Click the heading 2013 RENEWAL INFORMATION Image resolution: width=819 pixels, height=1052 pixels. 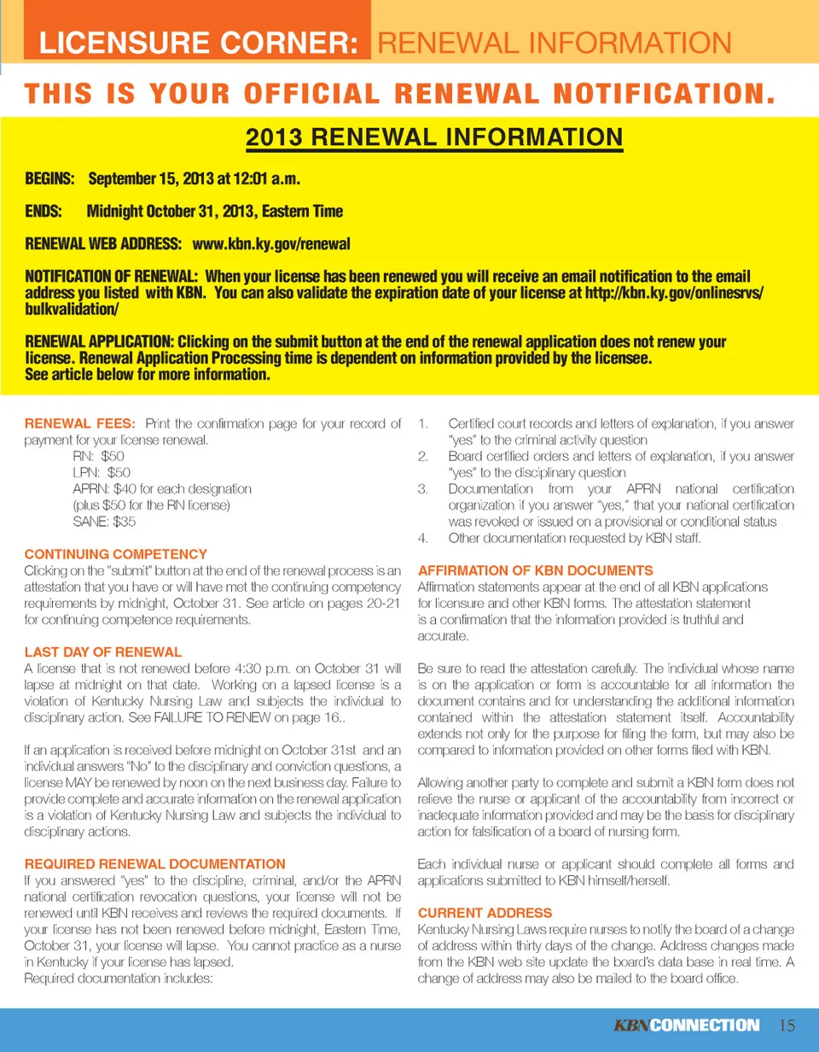(x=434, y=137)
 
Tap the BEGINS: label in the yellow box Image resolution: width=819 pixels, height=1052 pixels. (x=50, y=180)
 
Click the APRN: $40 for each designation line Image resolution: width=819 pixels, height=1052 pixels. (x=162, y=488)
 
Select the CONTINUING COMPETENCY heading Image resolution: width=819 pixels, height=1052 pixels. (x=115, y=553)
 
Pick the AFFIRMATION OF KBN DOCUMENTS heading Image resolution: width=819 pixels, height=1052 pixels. (x=536, y=570)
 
